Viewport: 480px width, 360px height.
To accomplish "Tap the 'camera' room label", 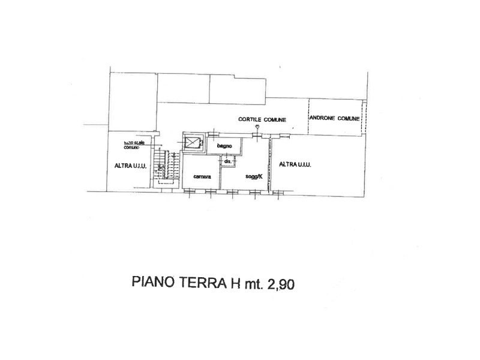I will (201, 176).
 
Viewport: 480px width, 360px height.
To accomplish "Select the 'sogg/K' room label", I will (253, 176).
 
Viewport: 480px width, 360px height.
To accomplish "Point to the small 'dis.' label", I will (227, 162).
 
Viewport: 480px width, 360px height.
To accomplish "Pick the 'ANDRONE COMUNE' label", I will (334, 119).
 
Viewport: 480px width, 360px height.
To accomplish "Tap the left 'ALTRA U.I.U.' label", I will (127, 166).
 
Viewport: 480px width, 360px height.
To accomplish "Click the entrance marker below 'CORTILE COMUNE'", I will (257, 128).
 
